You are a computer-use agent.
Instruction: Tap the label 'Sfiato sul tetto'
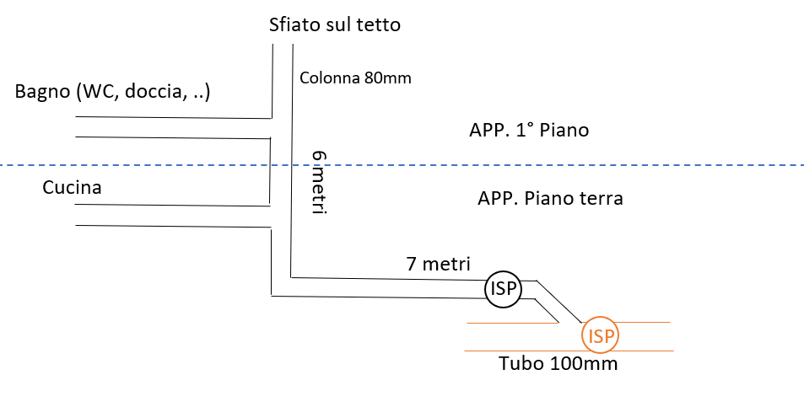point(335,24)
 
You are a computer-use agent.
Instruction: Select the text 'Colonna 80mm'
point(355,78)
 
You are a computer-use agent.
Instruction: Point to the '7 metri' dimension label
point(439,264)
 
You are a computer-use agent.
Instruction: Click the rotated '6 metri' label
point(320,183)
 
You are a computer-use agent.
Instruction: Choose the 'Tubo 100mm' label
point(558,363)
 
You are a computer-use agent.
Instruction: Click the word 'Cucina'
point(72,187)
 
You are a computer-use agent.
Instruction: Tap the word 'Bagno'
point(42,92)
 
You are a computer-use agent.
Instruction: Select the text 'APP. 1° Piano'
point(529,130)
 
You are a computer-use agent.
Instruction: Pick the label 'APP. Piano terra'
point(550,198)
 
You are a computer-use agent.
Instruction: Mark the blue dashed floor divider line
point(402,165)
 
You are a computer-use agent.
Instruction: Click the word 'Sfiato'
point(292,24)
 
